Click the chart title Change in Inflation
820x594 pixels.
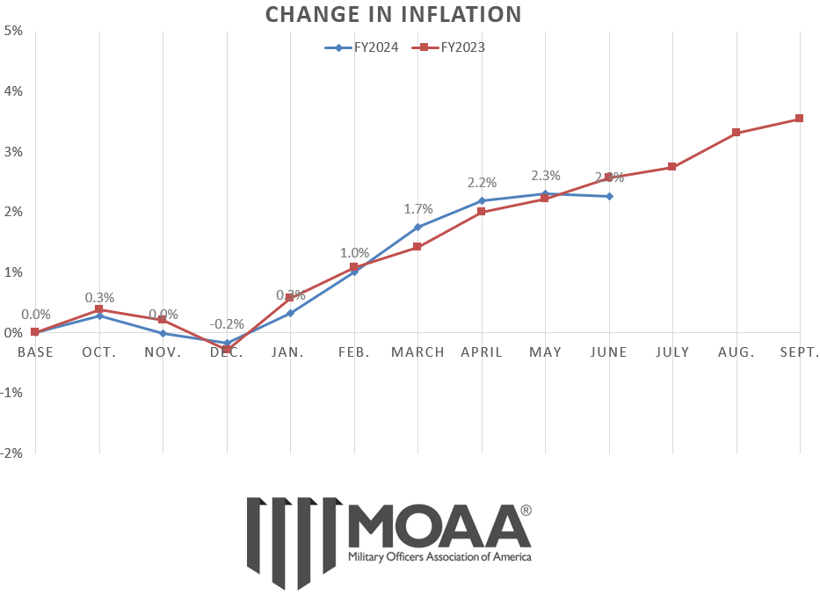pos(393,14)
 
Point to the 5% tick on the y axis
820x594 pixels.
pos(13,31)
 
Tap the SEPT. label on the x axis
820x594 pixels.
pos(799,352)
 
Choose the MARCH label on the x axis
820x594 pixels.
pos(417,352)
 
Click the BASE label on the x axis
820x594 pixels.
pos(35,352)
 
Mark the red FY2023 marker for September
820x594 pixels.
pos(799,119)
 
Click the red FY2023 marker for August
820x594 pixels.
pos(736,133)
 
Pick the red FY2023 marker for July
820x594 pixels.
pos(671,167)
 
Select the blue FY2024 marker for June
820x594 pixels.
pos(608,196)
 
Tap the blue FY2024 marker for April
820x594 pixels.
pos(481,200)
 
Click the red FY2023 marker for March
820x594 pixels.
pos(417,247)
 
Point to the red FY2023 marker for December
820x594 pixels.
pos(227,349)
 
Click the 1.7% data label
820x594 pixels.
pos(418,209)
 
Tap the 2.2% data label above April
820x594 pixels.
pos(482,183)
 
